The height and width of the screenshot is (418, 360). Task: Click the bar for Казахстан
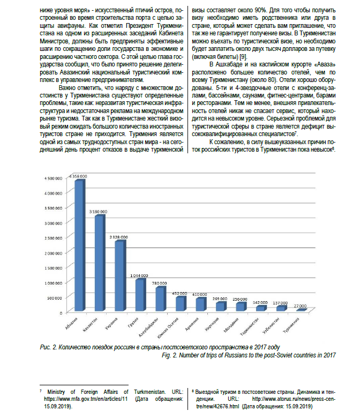click(x=99, y=263)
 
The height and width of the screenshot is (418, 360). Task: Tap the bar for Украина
click(x=119, y=276)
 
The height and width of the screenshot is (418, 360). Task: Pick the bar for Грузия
click(x=139, y=295)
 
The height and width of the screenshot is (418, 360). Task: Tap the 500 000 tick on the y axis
click(x=58, y=297)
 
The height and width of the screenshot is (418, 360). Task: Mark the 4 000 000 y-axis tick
click(x=55, y=192)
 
